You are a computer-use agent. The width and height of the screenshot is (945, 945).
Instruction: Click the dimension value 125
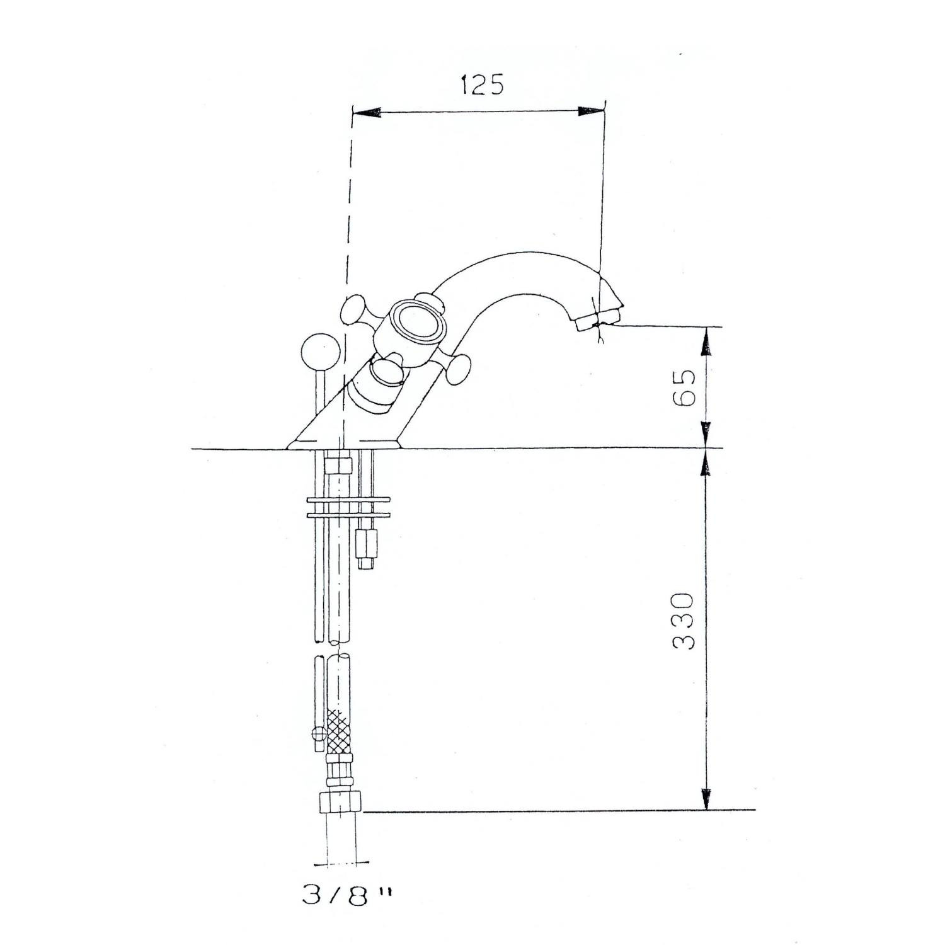(483, 84)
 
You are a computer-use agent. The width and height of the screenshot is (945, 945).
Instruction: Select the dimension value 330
(683, 621)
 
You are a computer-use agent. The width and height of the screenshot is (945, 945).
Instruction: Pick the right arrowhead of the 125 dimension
(591, 112)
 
